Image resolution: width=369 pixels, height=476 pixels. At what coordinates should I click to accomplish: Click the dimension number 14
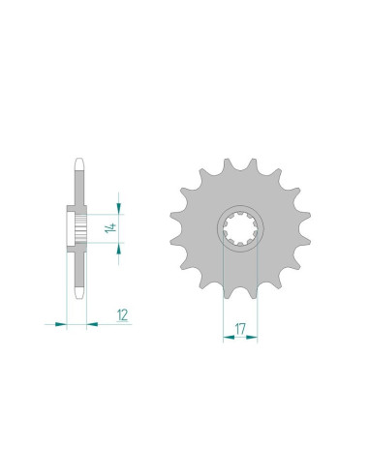(x=113, y=228)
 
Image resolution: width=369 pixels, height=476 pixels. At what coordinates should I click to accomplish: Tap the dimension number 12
(x=121, y=313)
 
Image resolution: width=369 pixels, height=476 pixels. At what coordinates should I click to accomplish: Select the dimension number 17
(x=240, y=329)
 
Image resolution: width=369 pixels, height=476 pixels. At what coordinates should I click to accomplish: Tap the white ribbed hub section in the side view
(x=74, y=228)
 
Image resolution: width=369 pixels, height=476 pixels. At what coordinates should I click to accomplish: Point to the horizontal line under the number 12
(x=116, y=323)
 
